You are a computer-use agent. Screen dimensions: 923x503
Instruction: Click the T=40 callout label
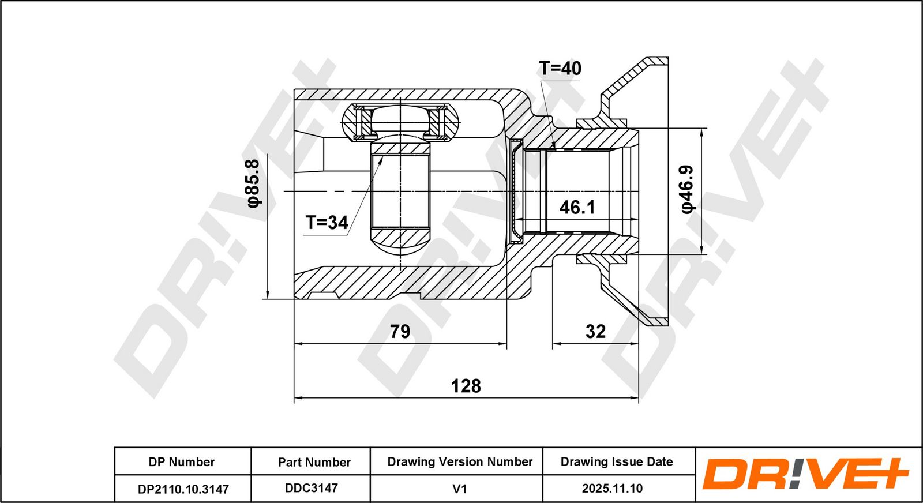point(560,69)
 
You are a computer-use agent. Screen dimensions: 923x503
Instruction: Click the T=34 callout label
point(327,223)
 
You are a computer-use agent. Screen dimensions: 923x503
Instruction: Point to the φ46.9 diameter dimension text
point(687,190)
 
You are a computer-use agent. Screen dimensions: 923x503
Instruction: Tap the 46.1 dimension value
point(577,208)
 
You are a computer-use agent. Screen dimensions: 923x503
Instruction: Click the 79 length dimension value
point(400,331)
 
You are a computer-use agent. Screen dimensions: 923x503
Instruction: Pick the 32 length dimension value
point(595,331)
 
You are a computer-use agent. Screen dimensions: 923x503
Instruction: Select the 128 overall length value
point(466,386)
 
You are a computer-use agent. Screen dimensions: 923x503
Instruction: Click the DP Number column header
point(182,462)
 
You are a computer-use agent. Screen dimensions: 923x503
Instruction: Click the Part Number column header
point(314,462)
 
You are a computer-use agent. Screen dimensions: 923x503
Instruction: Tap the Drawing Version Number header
point(460,461)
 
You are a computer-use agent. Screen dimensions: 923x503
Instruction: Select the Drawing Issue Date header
point(617,461)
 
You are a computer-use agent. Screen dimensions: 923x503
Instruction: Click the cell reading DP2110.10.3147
point(183,489)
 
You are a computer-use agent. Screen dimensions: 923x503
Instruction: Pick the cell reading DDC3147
point(312,488)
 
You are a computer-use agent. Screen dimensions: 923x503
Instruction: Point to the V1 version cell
point(459,489)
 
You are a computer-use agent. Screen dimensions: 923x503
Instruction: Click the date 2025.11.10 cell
point(612,489)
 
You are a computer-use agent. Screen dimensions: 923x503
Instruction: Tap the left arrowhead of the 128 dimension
point(298,398)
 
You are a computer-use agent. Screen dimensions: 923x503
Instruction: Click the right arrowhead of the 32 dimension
point(634,343)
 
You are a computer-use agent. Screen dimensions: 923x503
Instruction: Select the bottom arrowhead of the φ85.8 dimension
point(268,294)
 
